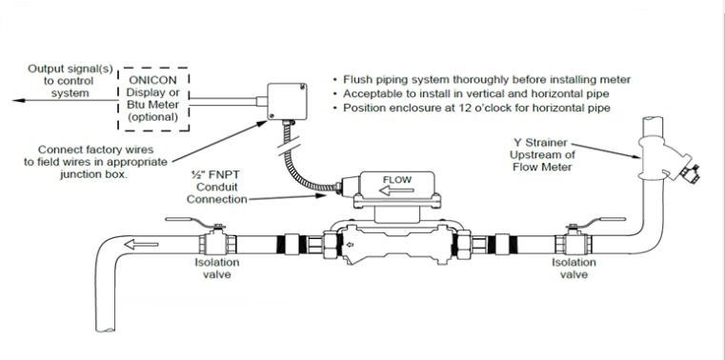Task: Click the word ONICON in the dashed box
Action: point(152,80)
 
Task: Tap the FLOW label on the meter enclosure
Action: point(397,179)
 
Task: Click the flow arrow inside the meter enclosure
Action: point(395,190)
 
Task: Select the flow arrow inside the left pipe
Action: point(142,245)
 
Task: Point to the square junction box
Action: point(287,101)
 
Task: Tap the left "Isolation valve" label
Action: point(217,269)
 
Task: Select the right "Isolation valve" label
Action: point(574,269)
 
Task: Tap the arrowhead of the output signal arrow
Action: point(18,100)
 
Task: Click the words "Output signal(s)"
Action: point(70,70)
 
